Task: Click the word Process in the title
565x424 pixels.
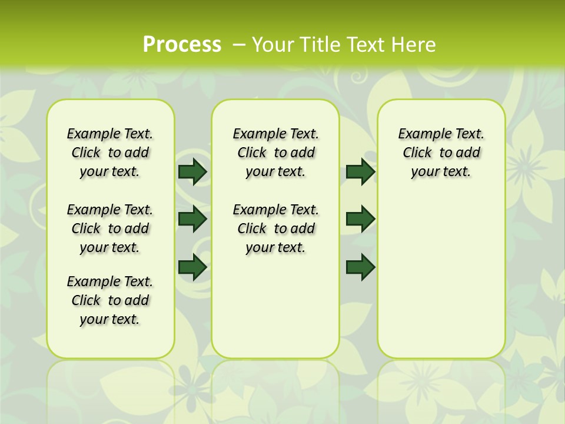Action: tap(182, 44)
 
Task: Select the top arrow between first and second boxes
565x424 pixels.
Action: tap(192, 171)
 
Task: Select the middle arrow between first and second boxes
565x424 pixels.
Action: tap(192, 219)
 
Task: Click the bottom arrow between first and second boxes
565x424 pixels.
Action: tap(192, 267)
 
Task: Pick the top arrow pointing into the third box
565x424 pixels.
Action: tap(360, 171)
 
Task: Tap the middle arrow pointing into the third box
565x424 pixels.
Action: tap(360, 219)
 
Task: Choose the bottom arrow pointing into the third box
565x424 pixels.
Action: tap(360, 267)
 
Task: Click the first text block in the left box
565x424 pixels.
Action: tap(110, 153)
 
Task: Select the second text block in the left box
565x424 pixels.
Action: tap(110, 228)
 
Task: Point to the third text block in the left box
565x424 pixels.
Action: tap(110, 300)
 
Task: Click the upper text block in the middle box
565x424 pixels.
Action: tap(275, 153)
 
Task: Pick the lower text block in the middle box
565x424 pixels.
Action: tap(275, 228)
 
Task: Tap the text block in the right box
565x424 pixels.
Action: tap(441, 153)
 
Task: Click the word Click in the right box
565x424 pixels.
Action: tap(417, 153)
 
